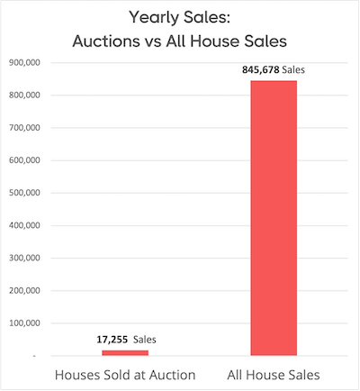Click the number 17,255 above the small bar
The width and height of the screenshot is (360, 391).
point(112,340)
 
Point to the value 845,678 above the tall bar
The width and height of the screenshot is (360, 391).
point(260,69)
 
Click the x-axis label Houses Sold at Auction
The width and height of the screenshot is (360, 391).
point(125,374)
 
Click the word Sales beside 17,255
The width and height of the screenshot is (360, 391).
point(146,340)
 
